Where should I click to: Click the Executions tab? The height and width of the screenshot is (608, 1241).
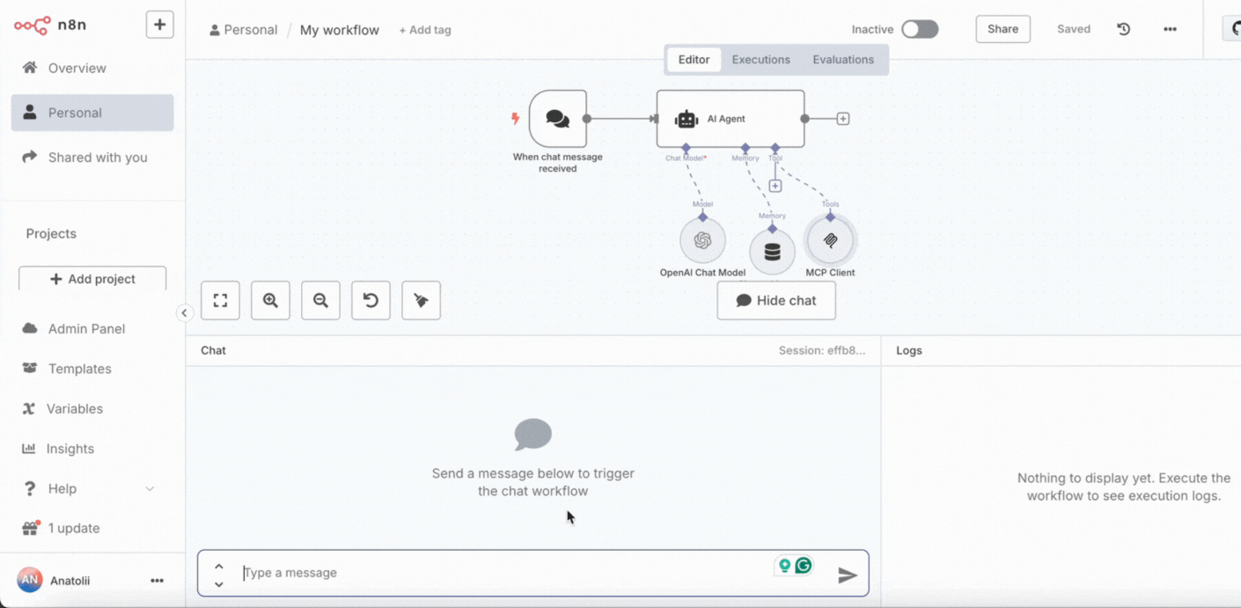(760, 59)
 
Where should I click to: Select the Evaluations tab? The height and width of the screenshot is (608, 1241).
(842, 59)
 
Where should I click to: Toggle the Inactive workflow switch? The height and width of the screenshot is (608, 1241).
(920, 29)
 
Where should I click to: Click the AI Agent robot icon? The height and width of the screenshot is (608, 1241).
(687, 119)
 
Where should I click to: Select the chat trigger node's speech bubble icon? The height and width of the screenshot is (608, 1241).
(557, 119)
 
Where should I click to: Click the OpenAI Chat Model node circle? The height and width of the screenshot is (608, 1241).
(702, 240)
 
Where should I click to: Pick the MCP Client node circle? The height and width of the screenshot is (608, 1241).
(830, 240)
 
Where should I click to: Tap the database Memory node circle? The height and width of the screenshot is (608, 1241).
(772, 252)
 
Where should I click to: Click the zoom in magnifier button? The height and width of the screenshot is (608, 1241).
(270, 300)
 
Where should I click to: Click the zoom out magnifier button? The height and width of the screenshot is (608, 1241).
(320, 300)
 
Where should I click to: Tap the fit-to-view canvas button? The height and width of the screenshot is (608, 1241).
(221, 300)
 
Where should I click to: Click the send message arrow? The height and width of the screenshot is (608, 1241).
(847, 575)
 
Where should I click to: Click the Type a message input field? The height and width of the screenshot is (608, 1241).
(504, 573)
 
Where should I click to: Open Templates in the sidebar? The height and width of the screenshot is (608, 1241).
(79, 369)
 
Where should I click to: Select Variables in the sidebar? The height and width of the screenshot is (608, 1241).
(74, 408)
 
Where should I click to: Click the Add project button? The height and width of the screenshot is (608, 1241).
(92, 279)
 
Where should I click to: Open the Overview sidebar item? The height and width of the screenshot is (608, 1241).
(77, 68)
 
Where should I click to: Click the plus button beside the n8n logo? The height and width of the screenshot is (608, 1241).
(159, 25)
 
